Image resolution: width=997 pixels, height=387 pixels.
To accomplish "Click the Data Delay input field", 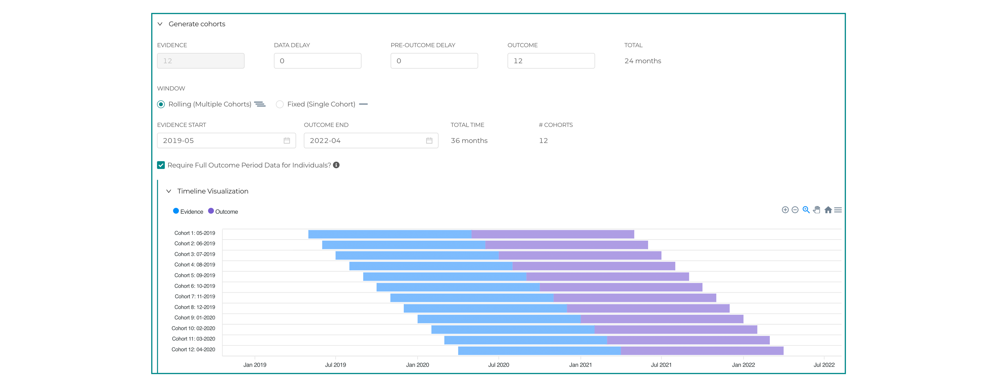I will [317, 61].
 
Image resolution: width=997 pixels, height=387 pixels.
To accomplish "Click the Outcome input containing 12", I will [551, 61].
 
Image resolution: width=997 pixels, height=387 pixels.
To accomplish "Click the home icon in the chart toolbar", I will [828, 210].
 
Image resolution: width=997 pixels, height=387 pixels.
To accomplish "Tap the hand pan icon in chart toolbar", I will [817, 210].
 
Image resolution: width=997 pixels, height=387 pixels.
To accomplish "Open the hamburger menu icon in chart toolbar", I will [838, 210].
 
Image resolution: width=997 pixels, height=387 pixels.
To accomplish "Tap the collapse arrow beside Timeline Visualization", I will [169, 191].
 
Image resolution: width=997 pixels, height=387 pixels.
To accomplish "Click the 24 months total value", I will [642, 61].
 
